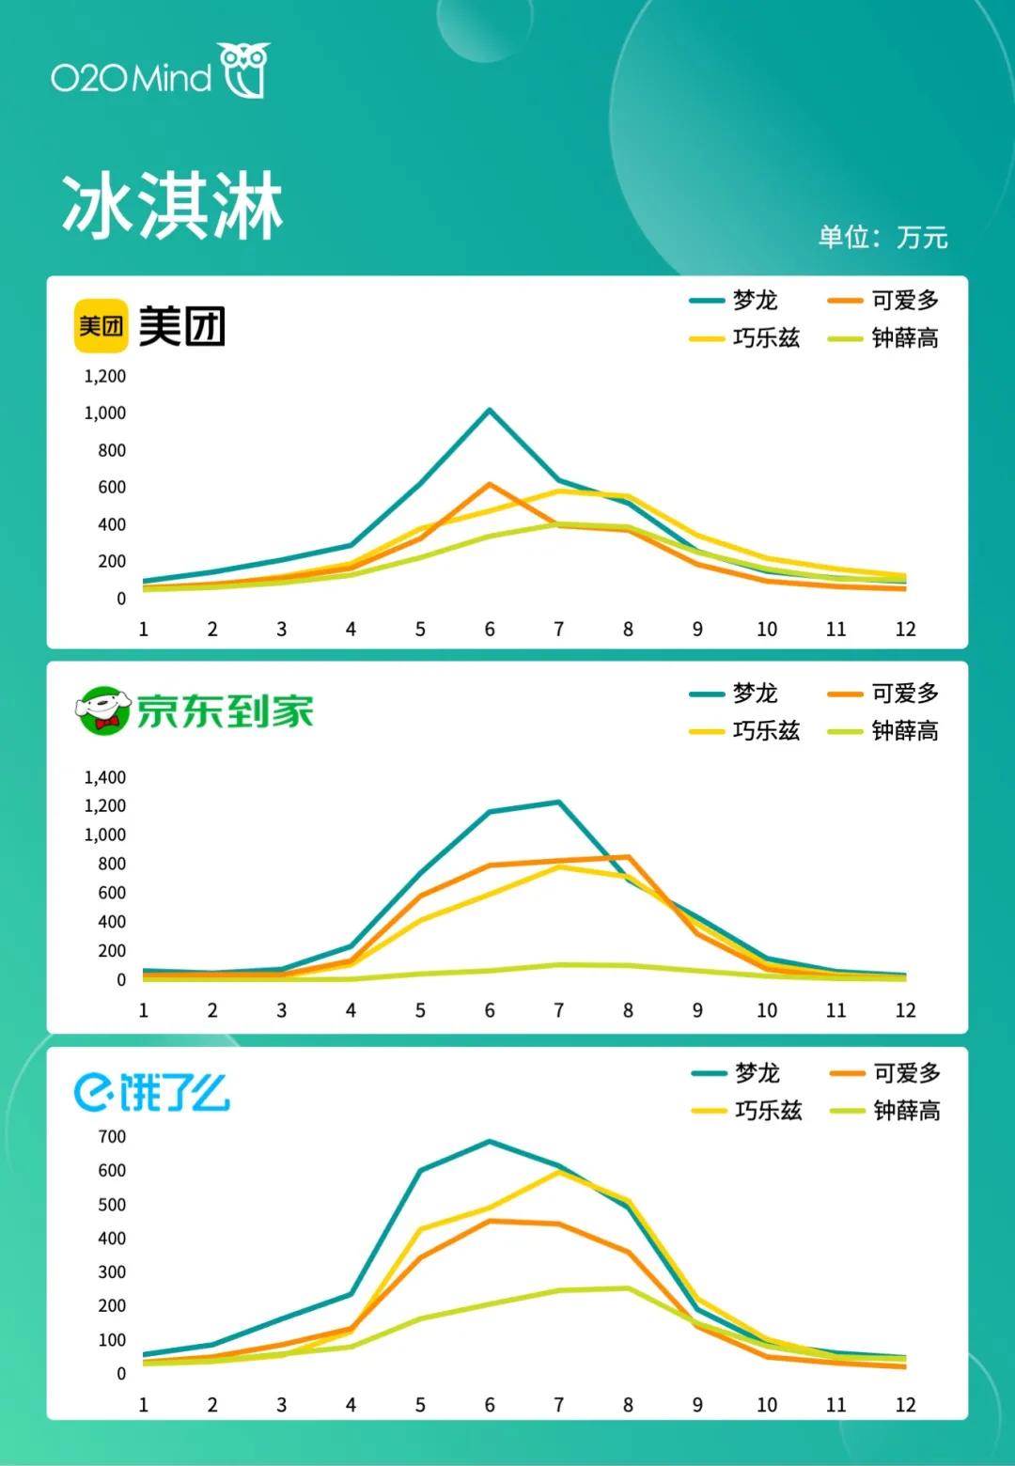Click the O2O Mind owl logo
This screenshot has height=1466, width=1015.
click(x=245, y=70)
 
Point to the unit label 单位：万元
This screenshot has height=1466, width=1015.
click(x=882, y=237)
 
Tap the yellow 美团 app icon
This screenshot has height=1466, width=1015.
click(x=101, y=326)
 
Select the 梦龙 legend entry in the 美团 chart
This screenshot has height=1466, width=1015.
click(x=734, y=301)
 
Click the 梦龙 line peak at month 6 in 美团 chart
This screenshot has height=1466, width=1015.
click(x=490, y=411)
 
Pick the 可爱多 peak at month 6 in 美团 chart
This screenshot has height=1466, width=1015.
click(x=490, y=485)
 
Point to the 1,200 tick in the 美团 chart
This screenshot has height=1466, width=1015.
click(x=105, y=377)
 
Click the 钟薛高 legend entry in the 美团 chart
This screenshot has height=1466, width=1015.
click(x=883, y=338)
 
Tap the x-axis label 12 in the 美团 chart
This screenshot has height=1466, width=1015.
click(x=905, y=630)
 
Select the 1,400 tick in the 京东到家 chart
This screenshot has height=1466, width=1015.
click(x=105, y=777)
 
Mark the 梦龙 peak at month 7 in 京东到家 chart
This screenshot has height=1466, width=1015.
click(x=559, y=803)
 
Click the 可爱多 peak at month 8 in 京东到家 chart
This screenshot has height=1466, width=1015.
click(x=628, y=857)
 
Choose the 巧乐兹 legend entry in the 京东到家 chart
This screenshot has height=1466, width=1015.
click(x=745, y=731)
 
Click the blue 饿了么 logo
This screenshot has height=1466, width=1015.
click(x=152, y=1093)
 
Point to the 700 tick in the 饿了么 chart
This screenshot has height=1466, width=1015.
click(x=112, y=1137)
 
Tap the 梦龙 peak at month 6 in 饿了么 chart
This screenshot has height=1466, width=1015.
click(x=490, y=1142)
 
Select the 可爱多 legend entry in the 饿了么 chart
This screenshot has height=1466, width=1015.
click(x=885, y=1073)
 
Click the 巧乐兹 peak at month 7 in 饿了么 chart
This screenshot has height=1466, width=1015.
click(x=559, y=1172)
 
